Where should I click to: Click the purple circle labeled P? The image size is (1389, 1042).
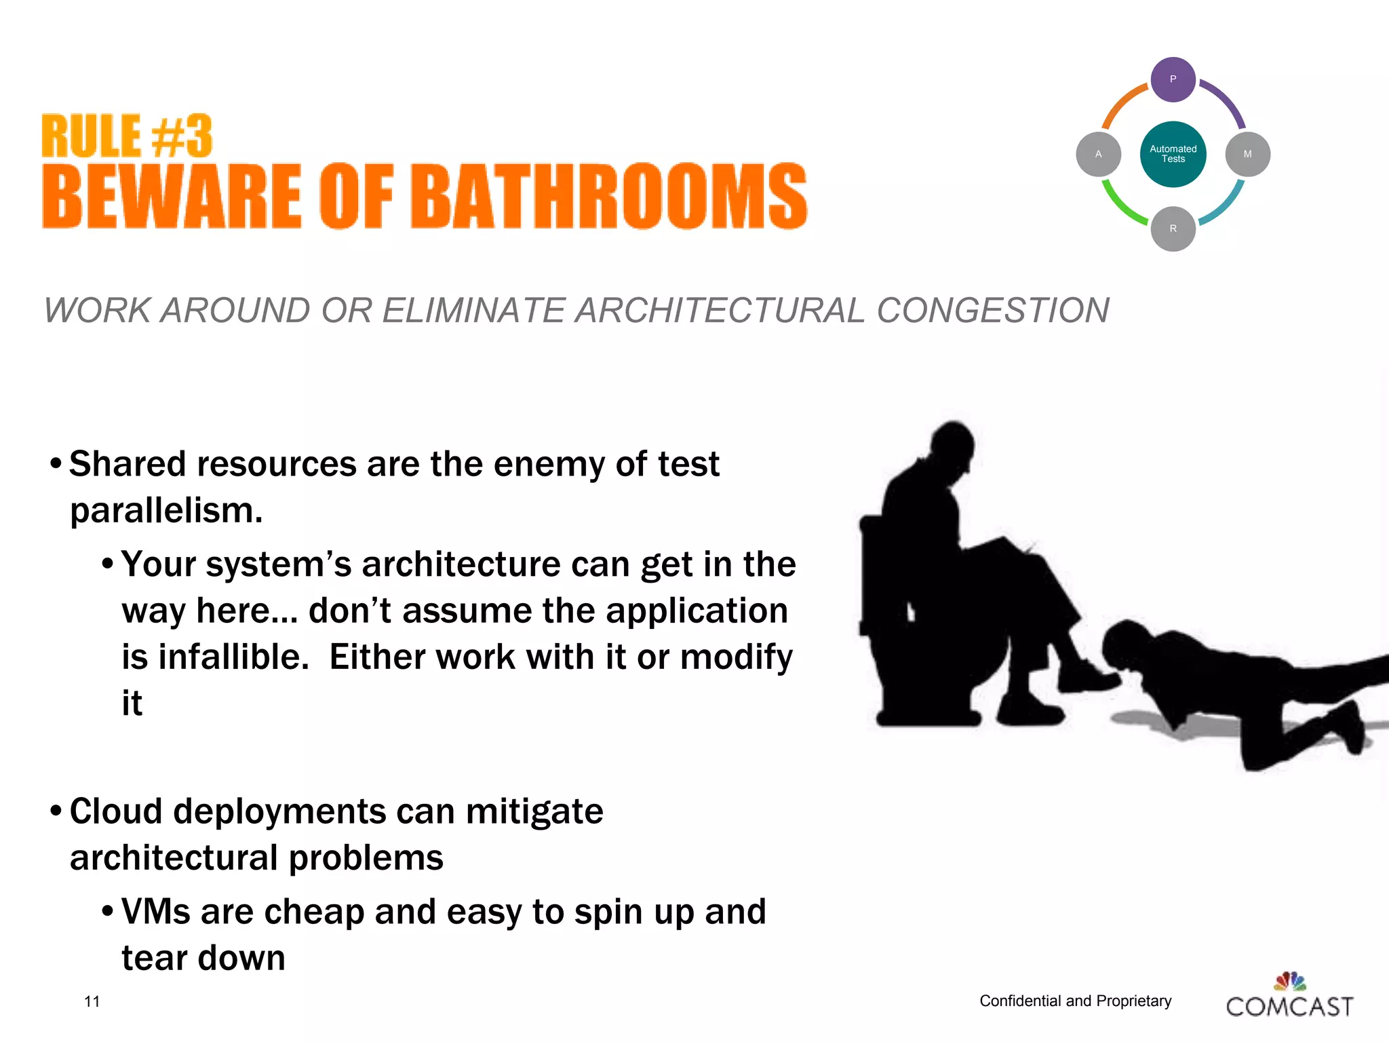coord(1173,79)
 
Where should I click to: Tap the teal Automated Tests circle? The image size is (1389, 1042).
coord(1173,154)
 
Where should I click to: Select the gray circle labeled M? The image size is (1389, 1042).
coord(1247,154)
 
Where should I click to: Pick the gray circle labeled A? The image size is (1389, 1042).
coord(1098,154)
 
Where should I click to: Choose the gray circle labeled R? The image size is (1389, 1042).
coord(1173,229)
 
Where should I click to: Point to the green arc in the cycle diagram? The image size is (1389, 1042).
coord(1120,206)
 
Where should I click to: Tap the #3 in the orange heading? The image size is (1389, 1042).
coord(182,136)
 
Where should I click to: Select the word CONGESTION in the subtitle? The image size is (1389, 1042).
coord(992,311)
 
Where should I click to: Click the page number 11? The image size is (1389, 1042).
coord(92,1001)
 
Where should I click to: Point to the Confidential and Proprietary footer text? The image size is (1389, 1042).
coord(1075,1001)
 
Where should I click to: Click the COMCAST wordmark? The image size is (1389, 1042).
coord(1289,1006)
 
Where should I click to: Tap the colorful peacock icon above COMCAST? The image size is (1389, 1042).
coord(1290,981)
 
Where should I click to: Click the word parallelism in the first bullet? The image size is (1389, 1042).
coord(166,510)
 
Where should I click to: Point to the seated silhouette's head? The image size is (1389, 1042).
coord(952,447)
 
